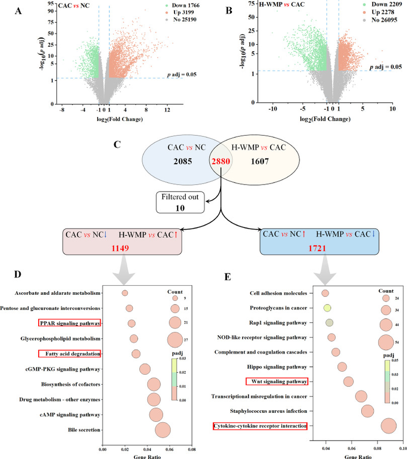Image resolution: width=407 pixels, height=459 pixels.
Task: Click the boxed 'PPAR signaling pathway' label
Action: [69, 323]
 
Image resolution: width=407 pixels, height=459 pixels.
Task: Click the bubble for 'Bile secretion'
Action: [162, 430]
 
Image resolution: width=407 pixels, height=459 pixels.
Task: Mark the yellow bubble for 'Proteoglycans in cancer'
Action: [327, 308]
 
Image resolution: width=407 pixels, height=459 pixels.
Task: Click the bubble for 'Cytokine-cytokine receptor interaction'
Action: [389, 426]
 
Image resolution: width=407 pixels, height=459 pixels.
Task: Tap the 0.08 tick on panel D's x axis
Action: [192, 450]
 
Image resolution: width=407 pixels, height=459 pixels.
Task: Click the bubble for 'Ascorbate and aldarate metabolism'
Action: [125, 293]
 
